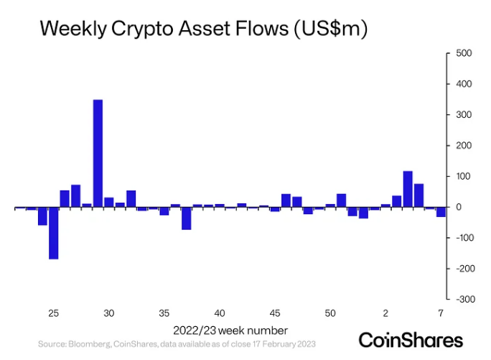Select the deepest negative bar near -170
(53, 233)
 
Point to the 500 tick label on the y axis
(463, 54)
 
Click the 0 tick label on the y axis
(457, 207)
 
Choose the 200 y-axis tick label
(463, 146)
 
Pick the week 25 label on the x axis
(53, 313)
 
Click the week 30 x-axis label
(108, 313)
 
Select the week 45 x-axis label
(275, 313)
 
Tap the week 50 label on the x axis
(330, 313)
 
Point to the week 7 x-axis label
(441, 313)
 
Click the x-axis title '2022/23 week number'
(230, 331)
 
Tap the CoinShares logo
(411, 339)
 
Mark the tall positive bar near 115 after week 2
(408, 189)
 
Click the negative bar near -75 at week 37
(186, 218)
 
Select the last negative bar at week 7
(441, 212)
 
